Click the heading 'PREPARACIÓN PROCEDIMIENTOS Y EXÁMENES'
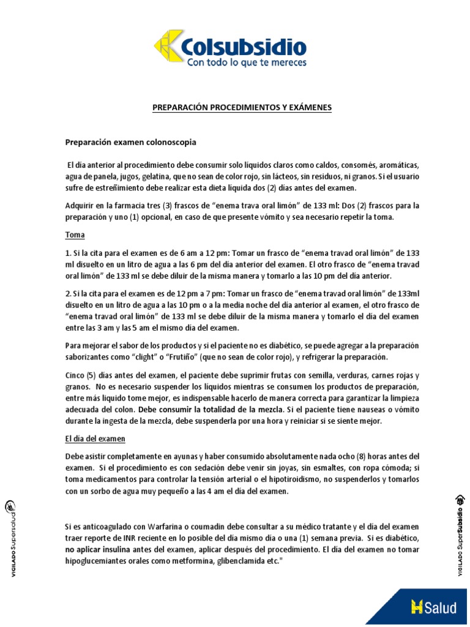pyautogui.click(x=242, y=108)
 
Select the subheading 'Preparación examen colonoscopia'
pyautogui.click(x=131, y=142)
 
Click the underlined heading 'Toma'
pyautogui.click(x=75, y=235)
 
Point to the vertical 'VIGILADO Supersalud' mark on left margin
pyautogui.click(x=11, y=537)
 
